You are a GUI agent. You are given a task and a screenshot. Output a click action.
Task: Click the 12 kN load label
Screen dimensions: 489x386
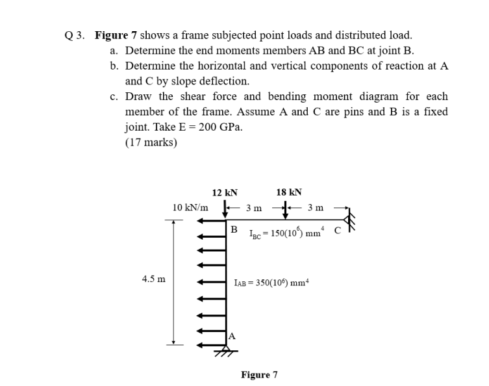coord(225,192)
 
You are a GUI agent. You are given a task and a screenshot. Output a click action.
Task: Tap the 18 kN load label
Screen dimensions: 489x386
coord(289,192)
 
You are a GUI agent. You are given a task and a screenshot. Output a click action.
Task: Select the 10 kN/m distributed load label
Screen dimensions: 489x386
coord(190,207)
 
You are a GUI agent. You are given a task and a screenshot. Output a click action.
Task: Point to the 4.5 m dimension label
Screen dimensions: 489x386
coord(153,279)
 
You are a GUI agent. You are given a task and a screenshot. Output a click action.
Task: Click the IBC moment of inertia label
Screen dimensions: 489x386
coord(283,233)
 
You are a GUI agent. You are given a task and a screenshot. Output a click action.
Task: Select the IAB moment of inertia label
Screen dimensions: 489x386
coord(271,283)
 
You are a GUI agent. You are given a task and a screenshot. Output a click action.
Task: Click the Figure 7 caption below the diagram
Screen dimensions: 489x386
coord(259,375)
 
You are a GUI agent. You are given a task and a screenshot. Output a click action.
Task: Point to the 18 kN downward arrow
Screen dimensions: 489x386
coord(285,212)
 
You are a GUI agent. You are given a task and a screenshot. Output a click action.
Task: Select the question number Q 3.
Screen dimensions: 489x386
coord(76,35)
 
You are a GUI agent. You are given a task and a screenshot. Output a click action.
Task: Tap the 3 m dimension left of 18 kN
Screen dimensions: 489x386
coord(254,208)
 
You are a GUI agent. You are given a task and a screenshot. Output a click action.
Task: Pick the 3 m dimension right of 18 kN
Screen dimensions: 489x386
coord(316,208)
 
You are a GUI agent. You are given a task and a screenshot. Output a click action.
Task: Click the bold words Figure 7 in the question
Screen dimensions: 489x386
coord(115,35)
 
